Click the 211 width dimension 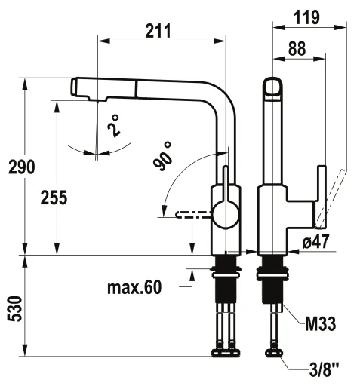pos(158,31)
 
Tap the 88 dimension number pos(297,48)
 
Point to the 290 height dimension pos(17,167)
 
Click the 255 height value pos(54,198)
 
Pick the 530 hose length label pos(17,308)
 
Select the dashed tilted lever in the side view pos(334,198)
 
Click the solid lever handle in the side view pos(320,196)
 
